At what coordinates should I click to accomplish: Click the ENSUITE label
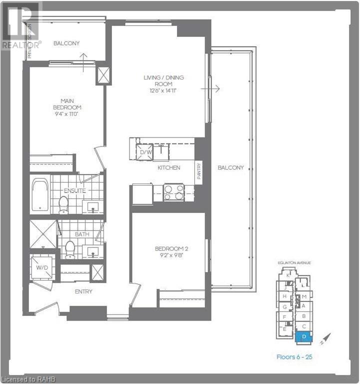click(75, 190)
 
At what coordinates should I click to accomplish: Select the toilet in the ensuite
click(63, 203)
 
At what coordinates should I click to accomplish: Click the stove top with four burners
click(173, 192)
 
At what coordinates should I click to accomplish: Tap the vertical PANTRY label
click(199, 172)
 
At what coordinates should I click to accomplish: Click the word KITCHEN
click(168, 167)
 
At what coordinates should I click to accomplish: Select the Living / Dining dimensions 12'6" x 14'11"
click(163, 90)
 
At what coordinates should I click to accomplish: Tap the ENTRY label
click(83, 291)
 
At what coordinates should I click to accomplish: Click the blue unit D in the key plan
click(304, 337)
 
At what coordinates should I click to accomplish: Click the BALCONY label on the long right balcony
click(230, 167)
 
